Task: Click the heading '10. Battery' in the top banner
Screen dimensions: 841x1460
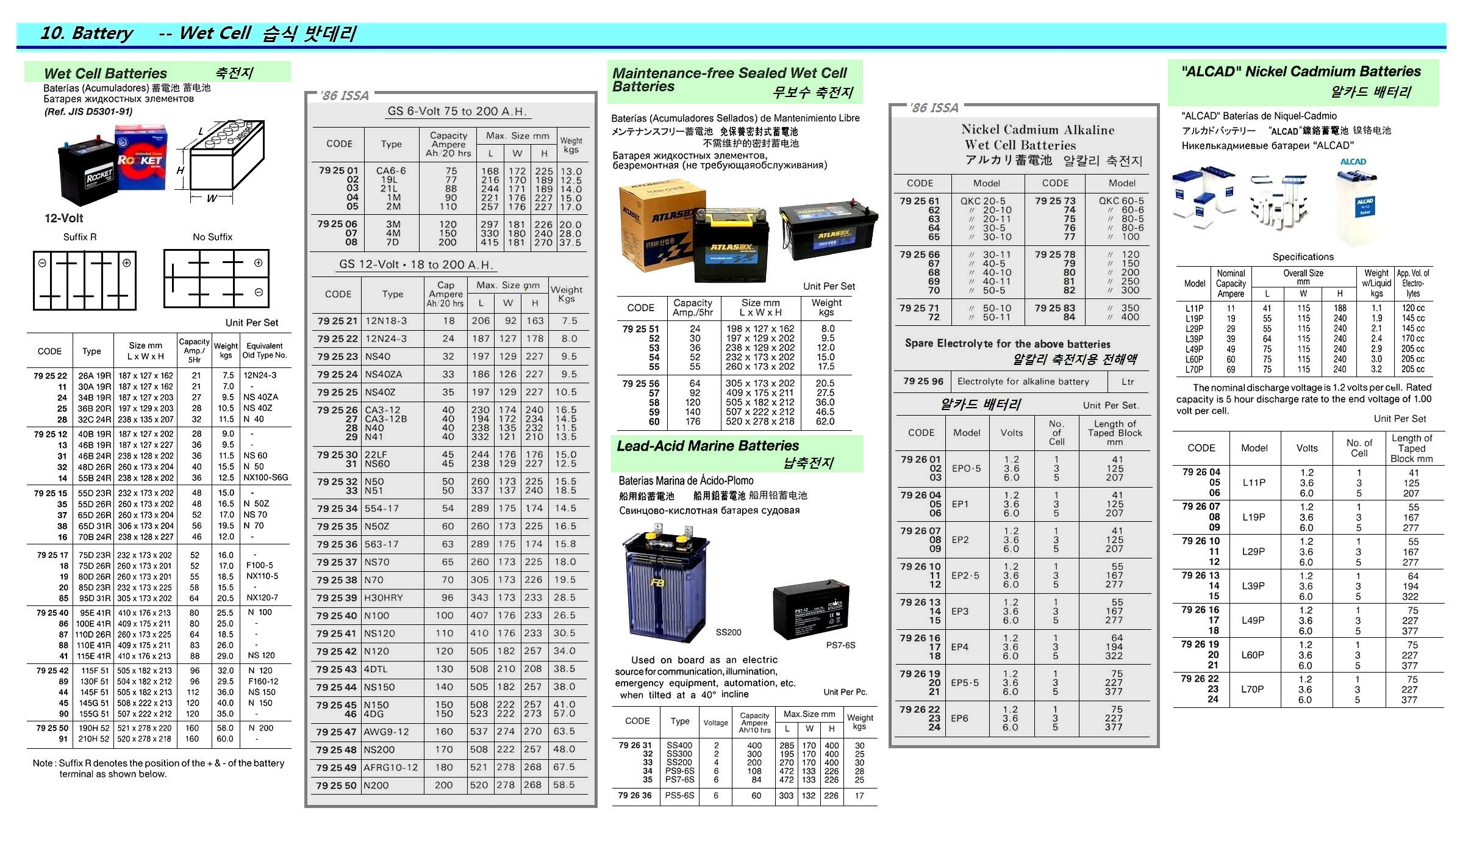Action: tap(86, 33)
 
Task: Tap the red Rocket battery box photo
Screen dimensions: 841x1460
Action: tap(141, 157)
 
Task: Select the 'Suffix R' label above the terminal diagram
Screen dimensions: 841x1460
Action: tap(80, 237)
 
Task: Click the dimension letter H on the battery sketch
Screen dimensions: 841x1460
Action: tap(180, 170)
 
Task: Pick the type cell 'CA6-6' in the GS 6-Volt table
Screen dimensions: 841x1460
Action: tap(391, 171)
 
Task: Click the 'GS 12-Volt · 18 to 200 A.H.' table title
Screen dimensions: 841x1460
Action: tap(416, 264)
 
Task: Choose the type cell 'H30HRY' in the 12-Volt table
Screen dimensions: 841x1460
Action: tap(384, 597)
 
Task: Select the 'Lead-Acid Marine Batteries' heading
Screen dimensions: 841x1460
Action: tap(707, 446)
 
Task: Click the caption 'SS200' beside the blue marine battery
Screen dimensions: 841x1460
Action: tap(728, 632)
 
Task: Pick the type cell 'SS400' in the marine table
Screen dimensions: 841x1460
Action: tap(679, 745)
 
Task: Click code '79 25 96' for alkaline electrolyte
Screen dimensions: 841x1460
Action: tap(923, 381)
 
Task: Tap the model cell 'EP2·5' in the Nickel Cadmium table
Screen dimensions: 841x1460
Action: tap(965, 576)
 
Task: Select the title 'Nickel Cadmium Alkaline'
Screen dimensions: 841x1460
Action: tap(1037, 129)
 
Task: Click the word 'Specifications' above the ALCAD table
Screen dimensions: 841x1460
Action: tap(1303, 257)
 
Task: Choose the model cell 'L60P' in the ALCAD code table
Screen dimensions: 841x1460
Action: tap(1253, 655)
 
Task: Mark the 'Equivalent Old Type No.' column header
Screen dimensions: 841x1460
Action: tap(264, 350)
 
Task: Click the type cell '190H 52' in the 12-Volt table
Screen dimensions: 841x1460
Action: tap(94, 728)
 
